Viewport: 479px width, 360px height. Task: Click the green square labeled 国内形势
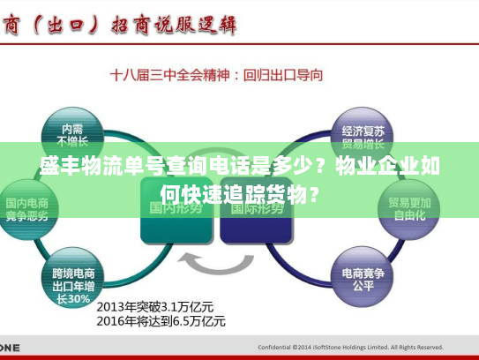pos(172,209)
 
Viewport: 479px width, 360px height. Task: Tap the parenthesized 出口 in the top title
pos(61,24)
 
